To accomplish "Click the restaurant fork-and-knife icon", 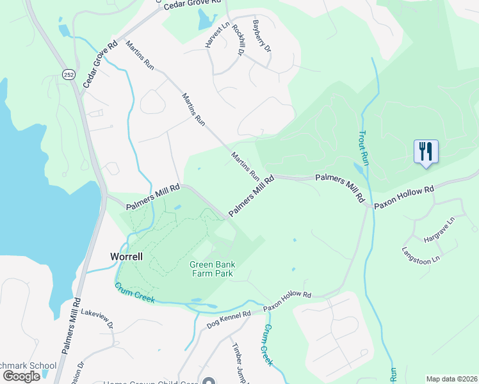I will (x=426, y=152).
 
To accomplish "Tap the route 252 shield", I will (x=68, y=74).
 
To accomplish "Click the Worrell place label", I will (x=126, y=256).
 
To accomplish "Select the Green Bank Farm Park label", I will (x=211, y=269).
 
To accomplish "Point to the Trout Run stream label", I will (x=363, y=147).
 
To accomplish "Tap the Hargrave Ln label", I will (x=439, y=230).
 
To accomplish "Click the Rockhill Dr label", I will (x=238, y=40).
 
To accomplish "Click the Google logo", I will (x=21, y=376).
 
